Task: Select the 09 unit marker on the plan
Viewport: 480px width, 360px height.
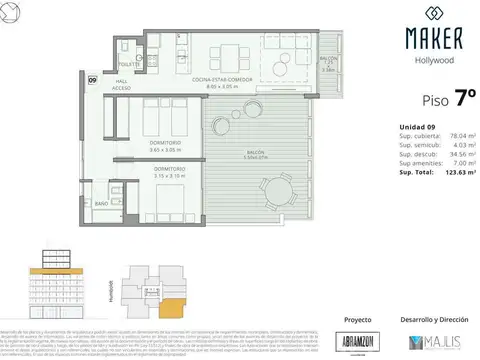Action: [92, 79]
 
